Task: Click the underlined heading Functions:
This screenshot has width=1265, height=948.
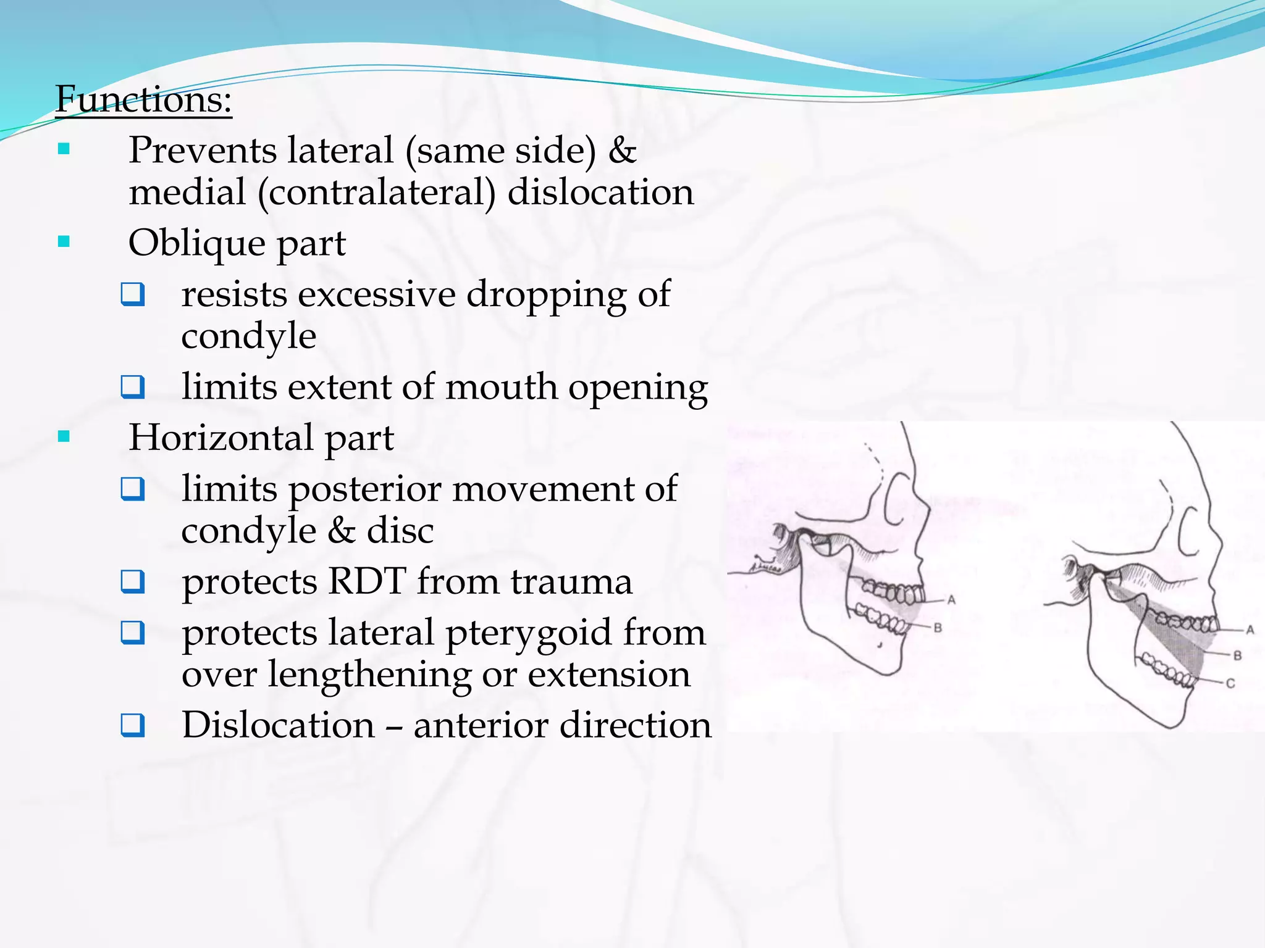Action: pos(143,99)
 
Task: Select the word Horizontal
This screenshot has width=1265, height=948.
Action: pos(221,438)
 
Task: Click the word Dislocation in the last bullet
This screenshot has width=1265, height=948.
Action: pos(278,725)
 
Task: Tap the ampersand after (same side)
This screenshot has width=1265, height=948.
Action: pos(622,151)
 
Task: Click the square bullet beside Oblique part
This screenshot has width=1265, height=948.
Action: pos(64,241)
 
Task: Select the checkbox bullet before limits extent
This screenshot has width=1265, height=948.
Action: pos(133,388)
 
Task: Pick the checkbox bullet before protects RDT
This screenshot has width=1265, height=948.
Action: pos(133,582)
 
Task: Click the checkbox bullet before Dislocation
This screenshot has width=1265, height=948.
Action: pos(133,725)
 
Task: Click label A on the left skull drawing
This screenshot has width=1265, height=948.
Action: pos(951,599)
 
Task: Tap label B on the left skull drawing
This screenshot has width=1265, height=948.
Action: pos(938,628)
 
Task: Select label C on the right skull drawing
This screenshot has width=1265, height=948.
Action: pos(1230,683)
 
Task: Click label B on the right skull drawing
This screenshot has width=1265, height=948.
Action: pos(1237,655)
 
